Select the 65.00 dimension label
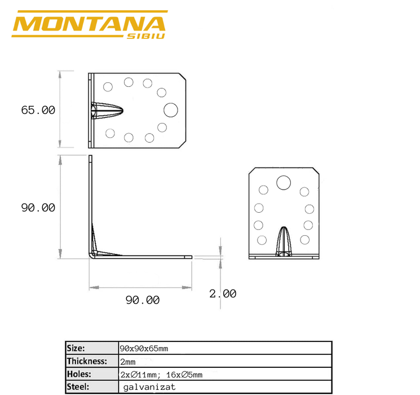pos(38,110)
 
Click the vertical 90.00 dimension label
pos(38,208)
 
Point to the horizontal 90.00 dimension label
pos(142,300)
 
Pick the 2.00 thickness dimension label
pos(223,293)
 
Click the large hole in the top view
pos(170,109)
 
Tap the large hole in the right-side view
pos(284,182)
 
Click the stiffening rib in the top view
pos(107,109)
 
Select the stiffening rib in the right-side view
pos(284,242)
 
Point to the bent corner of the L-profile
pos(93,252)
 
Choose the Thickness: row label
pos(87,361)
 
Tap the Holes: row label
pos(79,374)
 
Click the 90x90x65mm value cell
pos(144,348)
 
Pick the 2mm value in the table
pos(128,361)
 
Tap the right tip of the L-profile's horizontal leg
pos(191,257)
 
